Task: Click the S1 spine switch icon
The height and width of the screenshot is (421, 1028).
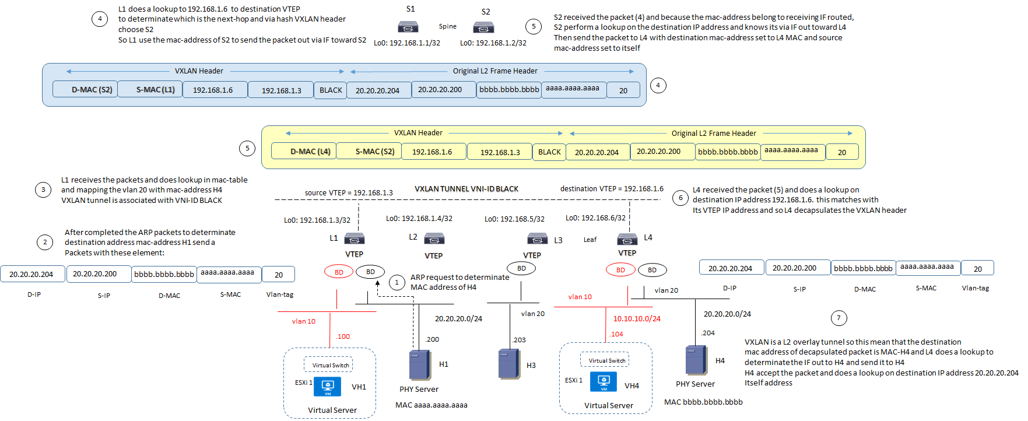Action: click(x=408, y=27)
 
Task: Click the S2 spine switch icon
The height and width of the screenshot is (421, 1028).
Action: click(x=483, y=27)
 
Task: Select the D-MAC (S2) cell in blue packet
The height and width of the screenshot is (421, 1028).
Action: click(x=86, y=89)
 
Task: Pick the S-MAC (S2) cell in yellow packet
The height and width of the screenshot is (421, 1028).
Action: click(x=374, y=151)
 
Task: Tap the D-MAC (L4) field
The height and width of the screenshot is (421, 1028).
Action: click(x=304, y=151)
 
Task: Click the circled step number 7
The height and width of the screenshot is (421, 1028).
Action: click(x=838, y=318)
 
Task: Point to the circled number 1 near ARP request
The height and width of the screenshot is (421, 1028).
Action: click(x=397, y=283)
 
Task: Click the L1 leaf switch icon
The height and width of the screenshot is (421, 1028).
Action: click(x=355, y=238)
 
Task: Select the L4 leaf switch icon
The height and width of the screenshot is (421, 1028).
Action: click(x=627, y=238)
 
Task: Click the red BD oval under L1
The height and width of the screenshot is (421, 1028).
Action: click(x=339, y=272)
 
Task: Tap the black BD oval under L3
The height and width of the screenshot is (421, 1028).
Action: click(x=521, y=268)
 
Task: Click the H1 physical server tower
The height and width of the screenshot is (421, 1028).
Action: click(x=420, y=365)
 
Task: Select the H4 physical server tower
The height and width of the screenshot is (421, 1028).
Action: click(x=696, y=360)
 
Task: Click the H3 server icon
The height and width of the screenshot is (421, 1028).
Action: click(x=509, y=364)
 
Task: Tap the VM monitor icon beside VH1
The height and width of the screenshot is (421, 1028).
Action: click(x=328, y=386)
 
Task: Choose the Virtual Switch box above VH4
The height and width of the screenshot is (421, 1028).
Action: click(x=605, y=360)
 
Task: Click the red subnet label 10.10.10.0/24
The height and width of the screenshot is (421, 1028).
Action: click(x=637, y=318)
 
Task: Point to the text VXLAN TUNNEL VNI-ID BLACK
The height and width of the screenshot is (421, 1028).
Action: click(x=466, y=189)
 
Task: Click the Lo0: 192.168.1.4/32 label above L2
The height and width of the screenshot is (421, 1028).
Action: click(x=419, y=219)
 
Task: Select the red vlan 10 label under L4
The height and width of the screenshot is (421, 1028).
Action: click(x=580, y=297)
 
